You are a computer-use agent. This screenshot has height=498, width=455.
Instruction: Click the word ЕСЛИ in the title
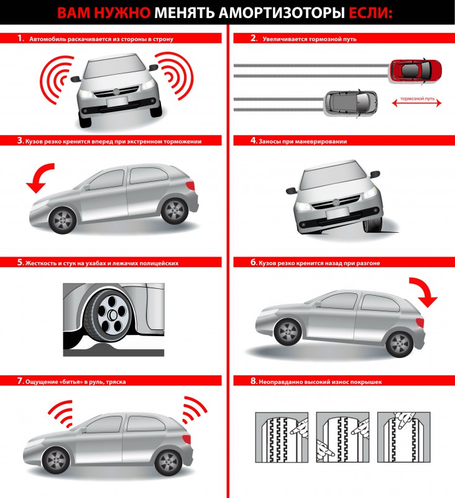pyautogui.click(x=370, y=13)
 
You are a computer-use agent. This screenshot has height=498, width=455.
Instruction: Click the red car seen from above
pyautogui.click(x=415, y=71)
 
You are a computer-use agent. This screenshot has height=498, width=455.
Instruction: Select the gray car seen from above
pyautogui.click(x=351, y=103)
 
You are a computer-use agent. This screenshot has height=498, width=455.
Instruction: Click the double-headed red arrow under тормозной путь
pyautogui.click(x=416, y=103)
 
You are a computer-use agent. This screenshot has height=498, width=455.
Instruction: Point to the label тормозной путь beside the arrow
pyautogui.click(x=417, y=98)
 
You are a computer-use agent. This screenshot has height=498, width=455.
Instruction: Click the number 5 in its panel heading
pyautogui.click(x=21, y=262)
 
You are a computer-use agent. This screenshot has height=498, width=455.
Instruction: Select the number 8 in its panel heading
pyautogui.click(x=254, y=381)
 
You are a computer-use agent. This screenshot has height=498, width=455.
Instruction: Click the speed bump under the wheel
pyautogui.click(x=104, y=348)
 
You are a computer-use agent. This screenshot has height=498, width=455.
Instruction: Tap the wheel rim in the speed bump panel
pyautogui.click(x=113, y=315)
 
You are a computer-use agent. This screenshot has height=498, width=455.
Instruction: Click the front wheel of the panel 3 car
pyautogui.click(x=62, y=220)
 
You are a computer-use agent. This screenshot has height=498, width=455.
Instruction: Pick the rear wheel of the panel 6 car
pyautogui.click(x=400, y=344)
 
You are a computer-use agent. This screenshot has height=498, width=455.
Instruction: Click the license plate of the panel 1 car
pyautogui.click(x=117, y=101)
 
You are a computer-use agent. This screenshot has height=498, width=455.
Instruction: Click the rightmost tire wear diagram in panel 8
pyautogui.click(x=403, y=437)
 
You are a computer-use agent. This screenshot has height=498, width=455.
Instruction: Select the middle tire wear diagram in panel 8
pyautogui.click(x=342, y=437)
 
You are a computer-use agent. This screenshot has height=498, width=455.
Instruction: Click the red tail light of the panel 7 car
pyautogui.click(x=187, y=439)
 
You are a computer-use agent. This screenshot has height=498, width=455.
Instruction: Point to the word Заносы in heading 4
pyautogui.click(x=269, y=141)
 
